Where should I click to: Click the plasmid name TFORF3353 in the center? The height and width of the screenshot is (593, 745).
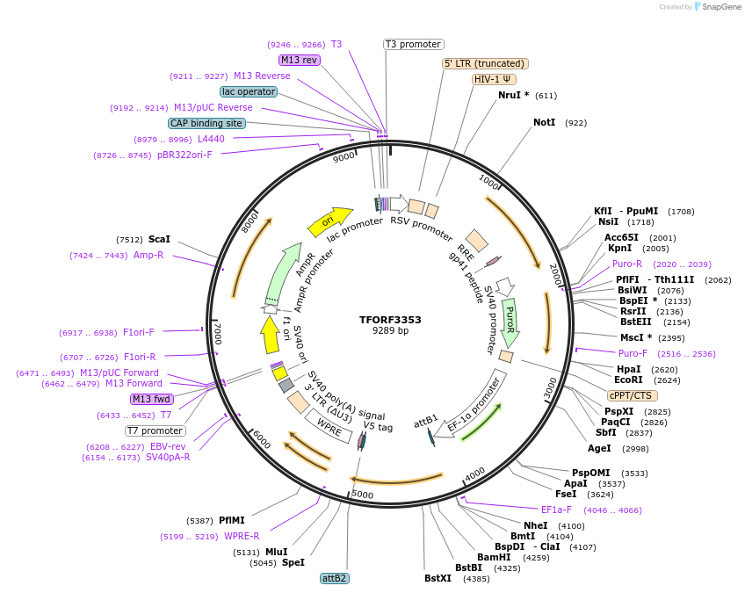pos(390,320)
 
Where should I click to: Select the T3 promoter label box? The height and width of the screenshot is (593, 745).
pos(414,44)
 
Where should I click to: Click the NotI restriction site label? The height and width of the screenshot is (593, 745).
pos(545,122)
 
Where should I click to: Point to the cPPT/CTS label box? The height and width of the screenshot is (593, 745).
pos(632,395)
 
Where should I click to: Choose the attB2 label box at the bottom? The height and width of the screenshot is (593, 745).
pos(335,578)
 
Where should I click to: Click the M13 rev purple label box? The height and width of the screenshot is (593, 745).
pos(300,60)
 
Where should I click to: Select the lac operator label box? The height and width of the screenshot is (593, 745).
pos(249,91)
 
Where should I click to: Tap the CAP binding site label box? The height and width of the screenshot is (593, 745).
pos(206,123)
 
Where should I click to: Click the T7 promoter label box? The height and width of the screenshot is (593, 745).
pos(156,430)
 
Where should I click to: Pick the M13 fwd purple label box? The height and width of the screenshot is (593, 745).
pos(151,399)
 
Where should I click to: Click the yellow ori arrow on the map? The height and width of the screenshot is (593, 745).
pos(329,222)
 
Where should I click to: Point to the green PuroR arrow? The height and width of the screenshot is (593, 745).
pos(510,322)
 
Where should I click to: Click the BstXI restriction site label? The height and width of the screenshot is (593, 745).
pos(438,578)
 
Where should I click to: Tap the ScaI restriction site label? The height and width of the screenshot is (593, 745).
pos(160,239)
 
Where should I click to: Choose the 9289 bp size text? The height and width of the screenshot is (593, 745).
pos(390,331)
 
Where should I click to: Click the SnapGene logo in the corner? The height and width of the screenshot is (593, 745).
pos(718,7)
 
